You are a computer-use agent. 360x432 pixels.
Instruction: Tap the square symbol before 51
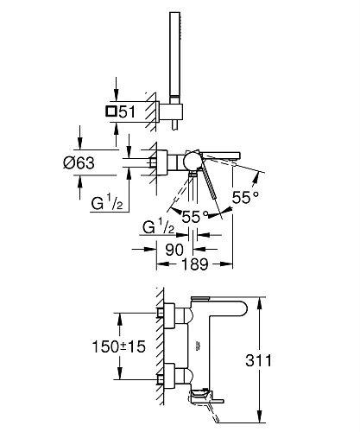pyautogui.click(x=111, y=111)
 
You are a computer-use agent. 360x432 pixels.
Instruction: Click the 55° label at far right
pyautogui.click(x=246, y=198)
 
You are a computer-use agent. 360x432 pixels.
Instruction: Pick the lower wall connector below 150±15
pyautogui.click(x=173, y=377)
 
